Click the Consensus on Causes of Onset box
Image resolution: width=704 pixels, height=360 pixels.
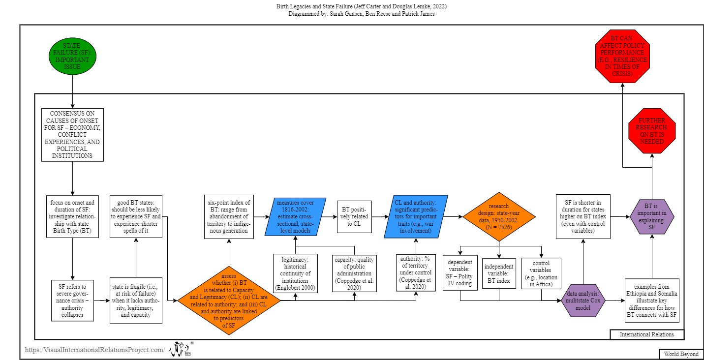pos(72,135)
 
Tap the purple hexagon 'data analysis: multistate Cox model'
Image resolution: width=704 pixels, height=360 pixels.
pos(583,300)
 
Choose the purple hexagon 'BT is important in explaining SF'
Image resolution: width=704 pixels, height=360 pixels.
pos(652,216)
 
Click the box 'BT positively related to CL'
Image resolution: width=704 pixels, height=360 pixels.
pos(354,216)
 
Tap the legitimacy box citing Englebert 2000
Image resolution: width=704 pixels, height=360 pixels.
pos(295,273)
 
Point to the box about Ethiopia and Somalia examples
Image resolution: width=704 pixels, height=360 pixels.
pos(652,300)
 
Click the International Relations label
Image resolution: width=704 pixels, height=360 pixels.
pos(647,334)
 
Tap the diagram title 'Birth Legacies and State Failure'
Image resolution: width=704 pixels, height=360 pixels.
pos(362,6)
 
